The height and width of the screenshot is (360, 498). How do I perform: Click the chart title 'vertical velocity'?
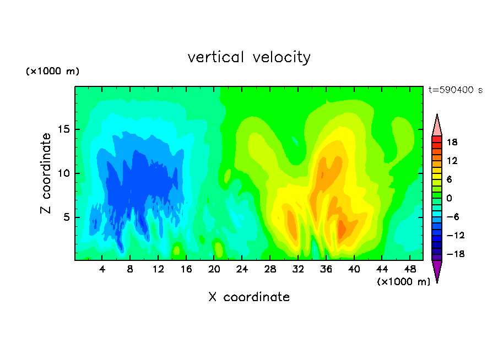click(x=249, y=58)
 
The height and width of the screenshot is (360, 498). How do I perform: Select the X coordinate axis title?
click(x=249, y=297)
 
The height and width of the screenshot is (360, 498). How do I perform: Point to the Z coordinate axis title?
click(x=45, y=173)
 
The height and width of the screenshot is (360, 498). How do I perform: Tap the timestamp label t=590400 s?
click(x=456, y=90)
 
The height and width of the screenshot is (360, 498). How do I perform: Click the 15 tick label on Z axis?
click(x=63, y=129)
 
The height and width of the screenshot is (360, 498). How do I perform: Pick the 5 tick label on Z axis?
click(x=66, y=217)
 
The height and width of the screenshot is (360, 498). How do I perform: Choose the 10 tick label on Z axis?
click(x=63, y=173)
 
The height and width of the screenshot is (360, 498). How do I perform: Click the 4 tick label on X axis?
click(x=102, y=269)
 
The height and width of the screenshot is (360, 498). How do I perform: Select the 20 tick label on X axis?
click(x=214, y=269)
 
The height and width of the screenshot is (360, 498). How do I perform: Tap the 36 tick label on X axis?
click(x=326, y=269)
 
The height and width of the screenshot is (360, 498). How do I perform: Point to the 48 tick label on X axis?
click(x=410, y=269)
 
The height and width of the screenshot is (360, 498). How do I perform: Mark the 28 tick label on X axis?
click(x=270, y=269)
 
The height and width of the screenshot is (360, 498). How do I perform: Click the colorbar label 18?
click(x=452, y=142)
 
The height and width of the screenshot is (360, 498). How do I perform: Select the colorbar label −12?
click(x=456, y=235)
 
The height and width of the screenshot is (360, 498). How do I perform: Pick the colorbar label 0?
click(x=449, y=198)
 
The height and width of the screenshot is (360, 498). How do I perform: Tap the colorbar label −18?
click(x=456, y=254)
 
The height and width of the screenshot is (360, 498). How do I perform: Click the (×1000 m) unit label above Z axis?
click(x=52, y=71)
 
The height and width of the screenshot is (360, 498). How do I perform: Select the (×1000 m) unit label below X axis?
click(x=403, y=282)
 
